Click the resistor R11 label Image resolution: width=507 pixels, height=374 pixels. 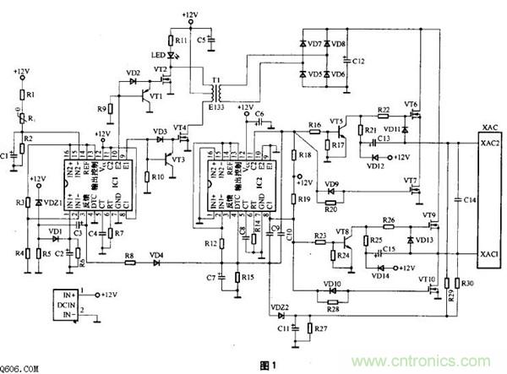[x=179, y=41]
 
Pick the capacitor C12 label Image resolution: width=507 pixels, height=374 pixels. [x=359, y=62]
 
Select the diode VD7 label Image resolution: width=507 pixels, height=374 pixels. [x=314, y=43]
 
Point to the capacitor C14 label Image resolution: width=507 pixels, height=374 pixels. [x=470, y=199]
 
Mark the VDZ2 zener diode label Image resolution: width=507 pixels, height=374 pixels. [x=280, y=306]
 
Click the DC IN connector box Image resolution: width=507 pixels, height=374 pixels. [x=68, y=303]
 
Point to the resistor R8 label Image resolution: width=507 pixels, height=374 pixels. [x=128, y=254]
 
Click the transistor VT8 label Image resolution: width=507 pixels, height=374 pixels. [x=342, y=231]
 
